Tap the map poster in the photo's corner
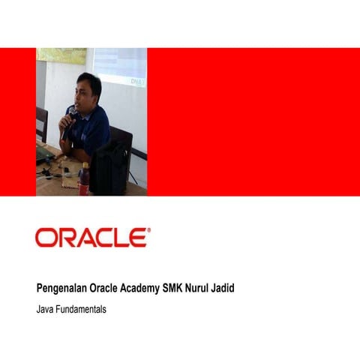click(x=61, y=55)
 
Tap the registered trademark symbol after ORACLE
click(x=148, y=231)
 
